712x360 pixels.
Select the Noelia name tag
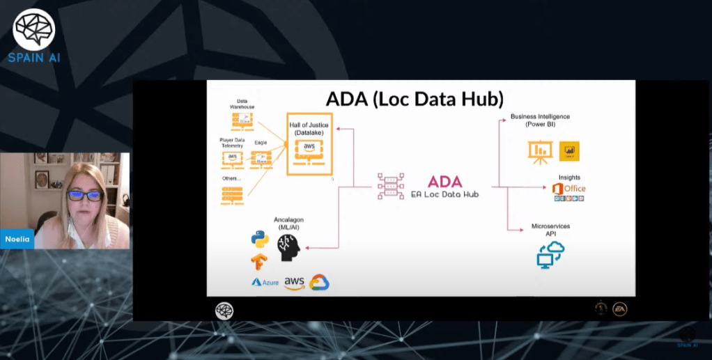click(17, 239)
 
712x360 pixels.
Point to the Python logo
click(260, 239)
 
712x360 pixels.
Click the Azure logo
click(265, 282)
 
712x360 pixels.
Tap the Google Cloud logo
click(319, 282)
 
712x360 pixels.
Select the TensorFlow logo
click(259, 262)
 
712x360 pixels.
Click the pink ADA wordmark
click(444, 181)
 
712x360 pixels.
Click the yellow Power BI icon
click(569, 151)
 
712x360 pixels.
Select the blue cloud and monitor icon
click(550, 255)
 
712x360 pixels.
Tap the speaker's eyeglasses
click(85, 196)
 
